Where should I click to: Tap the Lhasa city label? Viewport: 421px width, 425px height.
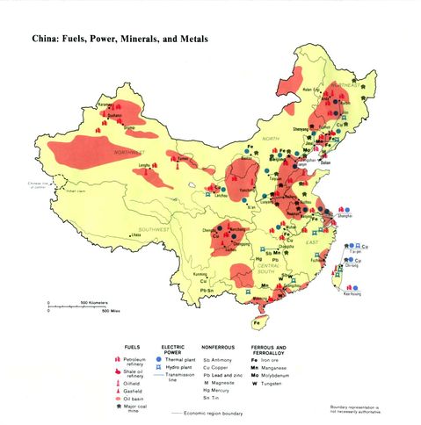(137, 234)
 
